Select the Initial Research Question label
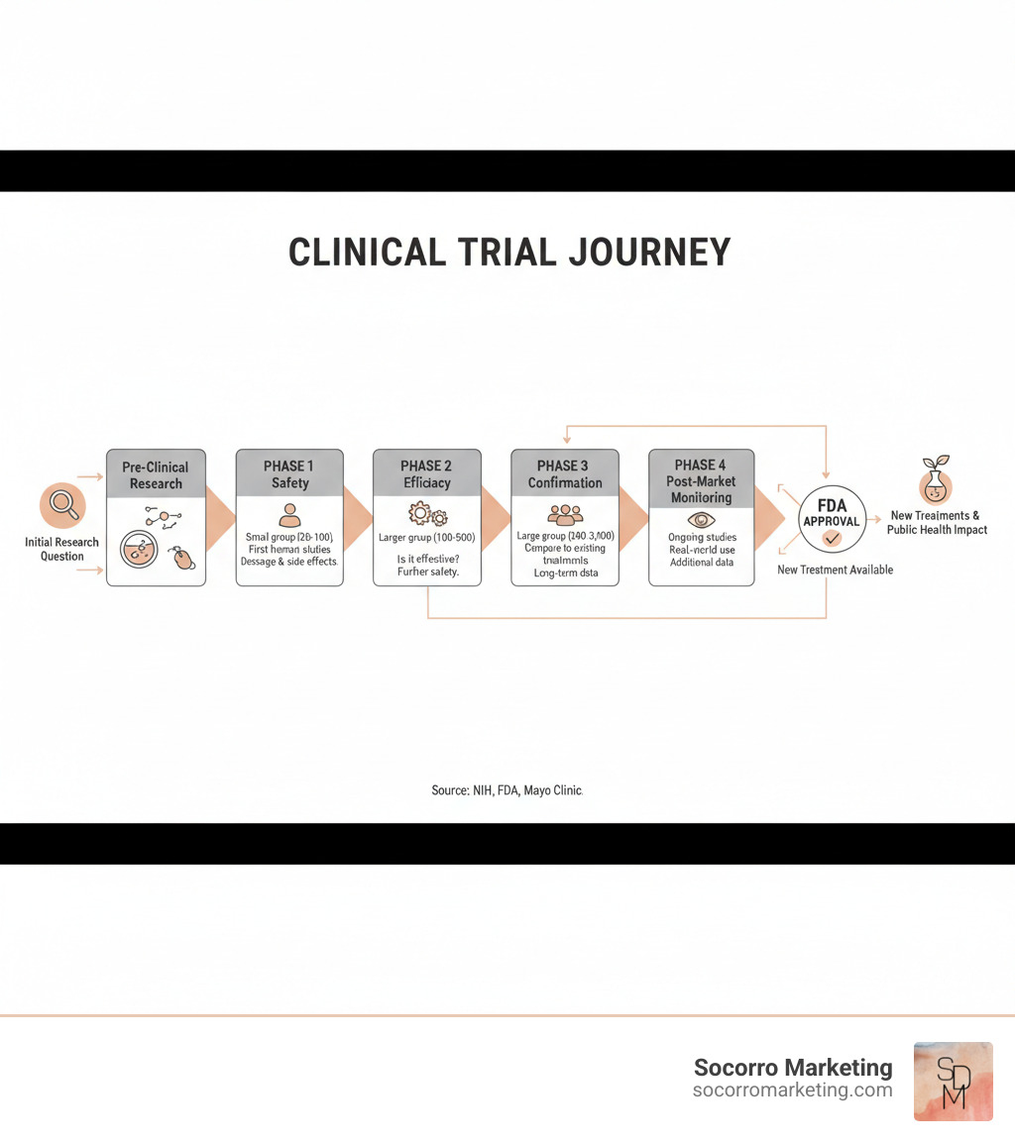61,549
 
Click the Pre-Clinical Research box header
156,474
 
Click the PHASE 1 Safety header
289,474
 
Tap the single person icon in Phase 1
289,514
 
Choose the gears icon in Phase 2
427,515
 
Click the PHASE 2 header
427,474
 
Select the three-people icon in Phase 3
565,514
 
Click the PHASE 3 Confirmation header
565,474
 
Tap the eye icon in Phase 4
701,518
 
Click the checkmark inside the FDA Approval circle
832,539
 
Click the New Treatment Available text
835,570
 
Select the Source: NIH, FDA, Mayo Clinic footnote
507,790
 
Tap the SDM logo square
953,1081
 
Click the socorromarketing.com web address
792,1090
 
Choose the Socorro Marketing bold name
792,1067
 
